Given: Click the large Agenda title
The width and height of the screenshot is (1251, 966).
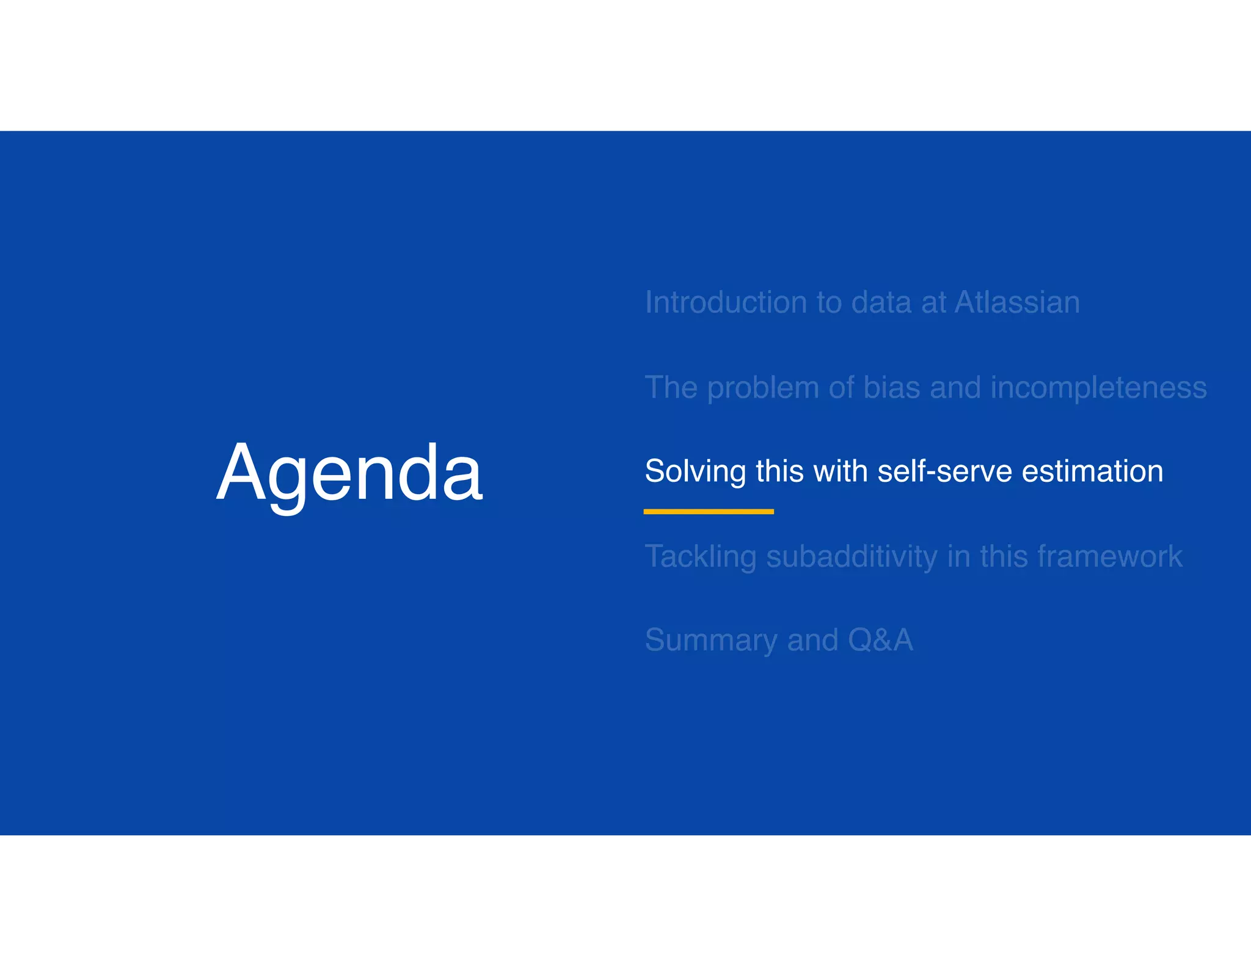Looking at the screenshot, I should [349, 473].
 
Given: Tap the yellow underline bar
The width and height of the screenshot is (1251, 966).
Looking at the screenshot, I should [708, 512].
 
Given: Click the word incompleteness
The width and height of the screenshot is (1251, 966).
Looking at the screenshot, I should [1098, 389].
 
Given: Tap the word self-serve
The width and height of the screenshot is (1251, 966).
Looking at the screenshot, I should [944, 471].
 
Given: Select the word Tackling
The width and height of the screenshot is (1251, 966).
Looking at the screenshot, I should [700, 557].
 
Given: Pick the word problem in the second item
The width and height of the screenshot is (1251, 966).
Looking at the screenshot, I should [762, 389].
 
